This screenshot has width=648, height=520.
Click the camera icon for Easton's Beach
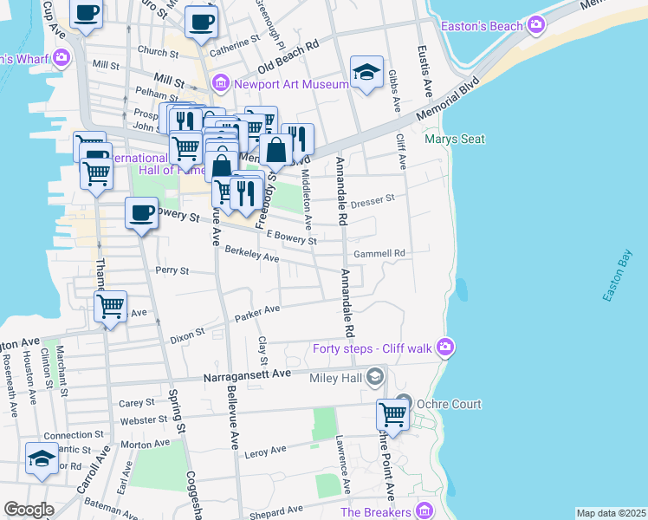(537, 24)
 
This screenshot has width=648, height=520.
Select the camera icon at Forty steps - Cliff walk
(445, 348)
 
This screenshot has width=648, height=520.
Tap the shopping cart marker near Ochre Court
(393, 415)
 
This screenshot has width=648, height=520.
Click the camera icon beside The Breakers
(424, 510)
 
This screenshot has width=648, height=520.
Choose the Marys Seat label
(454, 139)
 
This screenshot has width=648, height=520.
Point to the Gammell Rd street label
(379, 254)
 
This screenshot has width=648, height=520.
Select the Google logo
(29, 510)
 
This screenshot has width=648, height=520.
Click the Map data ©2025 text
(610, 513)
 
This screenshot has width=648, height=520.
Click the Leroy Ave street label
(266, 452)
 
